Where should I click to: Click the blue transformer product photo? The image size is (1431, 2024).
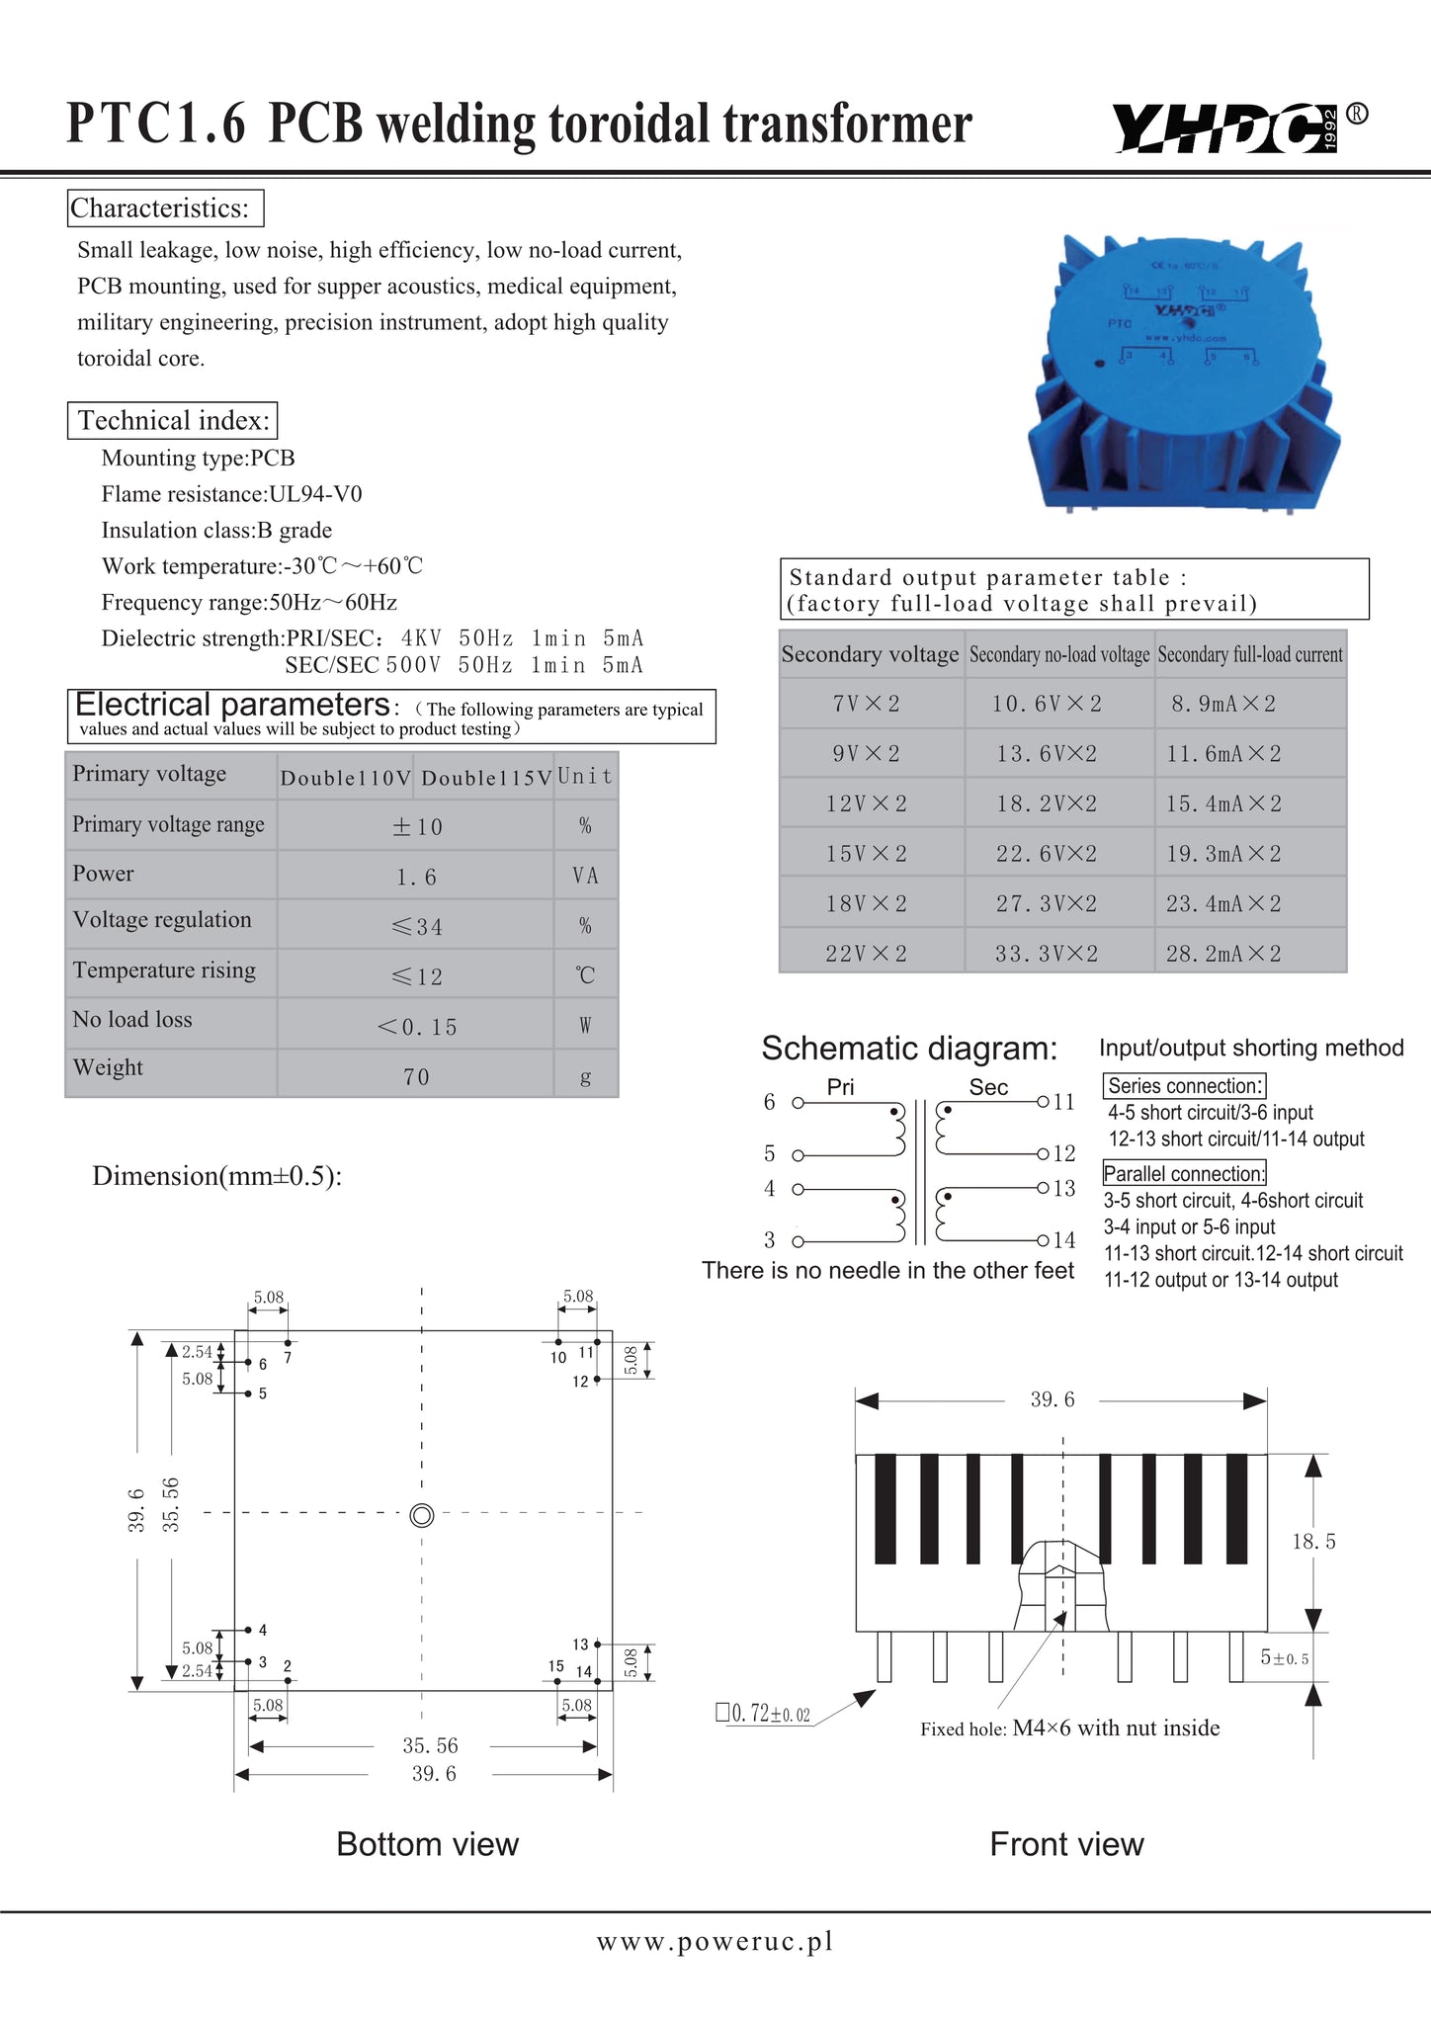1186,371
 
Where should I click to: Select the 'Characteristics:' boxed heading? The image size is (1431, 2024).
165,209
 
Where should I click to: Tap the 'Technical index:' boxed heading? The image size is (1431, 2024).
172,421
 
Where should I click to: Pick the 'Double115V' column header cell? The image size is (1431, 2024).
484,778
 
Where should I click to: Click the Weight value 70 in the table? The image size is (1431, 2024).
416,1076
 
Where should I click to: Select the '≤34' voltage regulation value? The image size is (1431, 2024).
416,927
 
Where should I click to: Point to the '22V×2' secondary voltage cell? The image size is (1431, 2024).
866,954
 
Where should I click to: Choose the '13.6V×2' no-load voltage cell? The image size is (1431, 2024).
1047,754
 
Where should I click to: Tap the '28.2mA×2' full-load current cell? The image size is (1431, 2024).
1223,954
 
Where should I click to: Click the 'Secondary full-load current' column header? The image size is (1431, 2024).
1250,654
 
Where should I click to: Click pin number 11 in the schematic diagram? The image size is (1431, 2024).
1064,1102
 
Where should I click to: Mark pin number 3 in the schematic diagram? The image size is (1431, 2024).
770,1240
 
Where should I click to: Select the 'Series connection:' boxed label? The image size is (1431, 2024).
1184,1086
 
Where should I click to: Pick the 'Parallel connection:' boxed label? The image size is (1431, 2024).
1184,1174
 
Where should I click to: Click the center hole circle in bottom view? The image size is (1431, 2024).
422,1516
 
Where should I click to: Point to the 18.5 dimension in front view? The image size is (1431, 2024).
1313,1542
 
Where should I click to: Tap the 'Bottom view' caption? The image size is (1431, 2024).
427,1844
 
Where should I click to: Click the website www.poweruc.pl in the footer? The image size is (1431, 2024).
715,1942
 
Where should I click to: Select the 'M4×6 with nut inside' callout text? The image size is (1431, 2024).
1116,1729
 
